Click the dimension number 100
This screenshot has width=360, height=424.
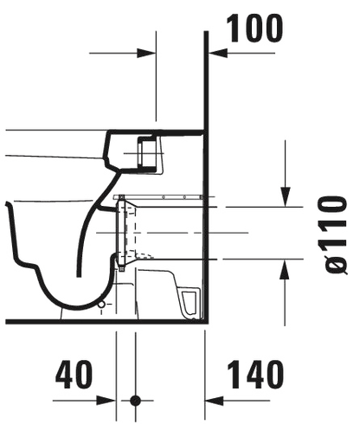click(x=254, y=29)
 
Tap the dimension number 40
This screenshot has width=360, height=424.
click(x=74, y=374)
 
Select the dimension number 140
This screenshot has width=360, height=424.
click(x=255, y=374)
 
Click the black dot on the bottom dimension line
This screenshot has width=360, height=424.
click(x=135, y=401)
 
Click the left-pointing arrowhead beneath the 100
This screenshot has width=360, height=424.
click(x=218, y=53)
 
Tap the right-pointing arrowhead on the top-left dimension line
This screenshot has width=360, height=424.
click(x=146, y=53)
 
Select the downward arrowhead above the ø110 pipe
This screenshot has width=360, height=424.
click(x=286, y=196)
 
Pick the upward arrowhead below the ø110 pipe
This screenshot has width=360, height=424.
click(x=285, y=269)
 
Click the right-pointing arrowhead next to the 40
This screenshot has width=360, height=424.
click(x=106, y=401)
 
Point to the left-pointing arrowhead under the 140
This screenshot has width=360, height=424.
click(x=214, y=401)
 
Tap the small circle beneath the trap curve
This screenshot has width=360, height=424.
click(x=101, y=305)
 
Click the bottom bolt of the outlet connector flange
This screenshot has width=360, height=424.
click(x=121, y=268)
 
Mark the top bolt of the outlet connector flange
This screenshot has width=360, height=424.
click(x=121, y=197)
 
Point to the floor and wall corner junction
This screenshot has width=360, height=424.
click(x=206, y=322)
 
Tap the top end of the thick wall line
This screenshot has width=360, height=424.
click(x=206, y=32)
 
